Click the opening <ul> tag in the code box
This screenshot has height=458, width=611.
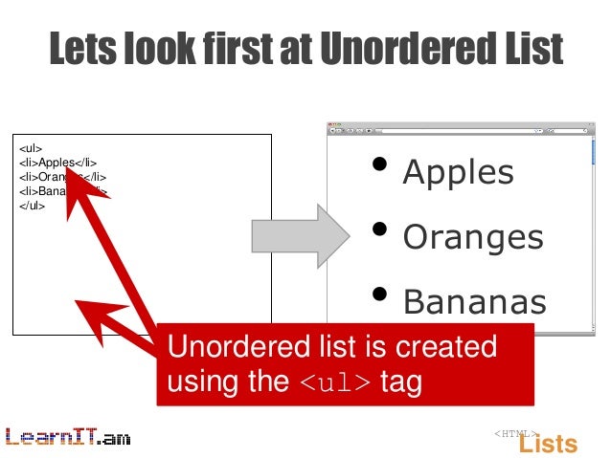coord(31,149)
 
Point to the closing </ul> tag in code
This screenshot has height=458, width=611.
coord(33,205)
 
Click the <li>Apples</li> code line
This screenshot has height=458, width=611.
coord(57,163)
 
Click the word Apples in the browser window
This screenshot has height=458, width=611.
coord(458,173)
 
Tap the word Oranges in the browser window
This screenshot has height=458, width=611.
coord(473,237)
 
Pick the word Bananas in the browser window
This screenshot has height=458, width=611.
coord(474,302)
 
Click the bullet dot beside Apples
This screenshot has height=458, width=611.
coord(381,165)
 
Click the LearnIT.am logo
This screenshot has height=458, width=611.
coord(67,438)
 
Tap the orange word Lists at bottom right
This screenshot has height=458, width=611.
coord(548,444)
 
